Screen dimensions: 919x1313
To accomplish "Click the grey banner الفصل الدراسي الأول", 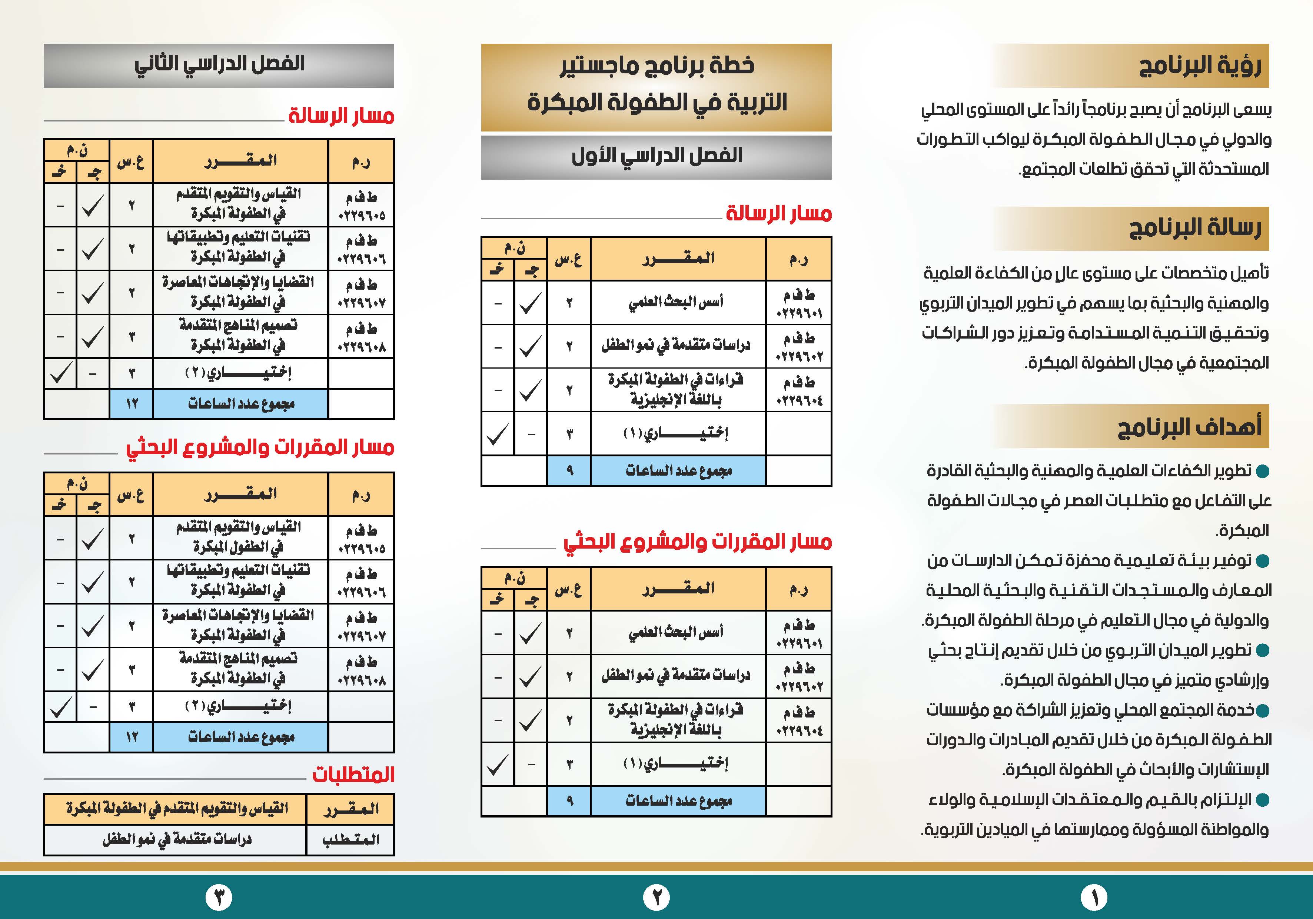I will pyautogui.click(x=656, y=156).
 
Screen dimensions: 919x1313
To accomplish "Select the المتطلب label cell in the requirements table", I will pyautogui.click(x=350, y=839).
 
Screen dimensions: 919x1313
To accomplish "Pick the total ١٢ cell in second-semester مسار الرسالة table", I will pyautogui.click(x=132, y=404).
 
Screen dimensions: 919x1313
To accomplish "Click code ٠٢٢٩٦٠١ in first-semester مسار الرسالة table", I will pyautogui.click(x=799, y=313).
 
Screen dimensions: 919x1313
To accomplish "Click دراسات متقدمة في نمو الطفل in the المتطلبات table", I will pyautogui.click(x=176, y=839).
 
